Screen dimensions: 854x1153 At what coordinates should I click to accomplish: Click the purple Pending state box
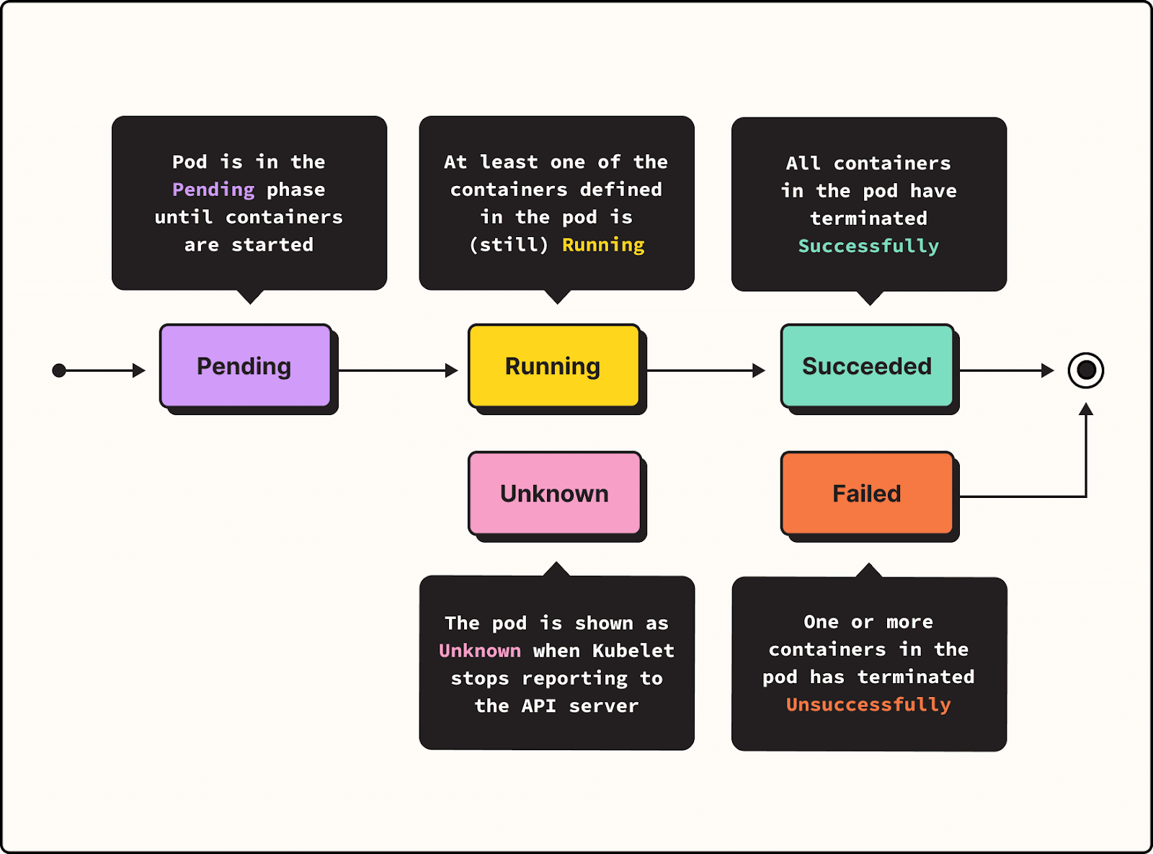245,366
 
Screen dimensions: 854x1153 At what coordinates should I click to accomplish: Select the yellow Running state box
553,366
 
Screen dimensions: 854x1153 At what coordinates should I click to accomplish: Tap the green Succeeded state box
867,366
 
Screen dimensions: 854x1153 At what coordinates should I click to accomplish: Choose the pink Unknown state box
554,494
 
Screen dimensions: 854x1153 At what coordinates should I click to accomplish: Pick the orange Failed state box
867,494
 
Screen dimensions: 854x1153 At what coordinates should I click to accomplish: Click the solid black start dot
59,370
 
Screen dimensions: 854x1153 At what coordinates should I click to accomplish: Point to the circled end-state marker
1086,370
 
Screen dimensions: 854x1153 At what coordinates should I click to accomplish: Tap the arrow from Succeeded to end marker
1006,370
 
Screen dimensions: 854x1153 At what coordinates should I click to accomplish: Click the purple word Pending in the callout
213,190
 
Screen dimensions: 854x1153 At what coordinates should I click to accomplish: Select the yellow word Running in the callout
603,245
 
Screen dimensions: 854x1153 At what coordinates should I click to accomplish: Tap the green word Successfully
868,246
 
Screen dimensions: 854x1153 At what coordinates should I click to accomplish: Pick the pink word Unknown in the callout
480,651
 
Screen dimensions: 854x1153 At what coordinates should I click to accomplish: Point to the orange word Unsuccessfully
868,705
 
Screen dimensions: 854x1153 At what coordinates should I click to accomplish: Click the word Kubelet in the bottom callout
633,651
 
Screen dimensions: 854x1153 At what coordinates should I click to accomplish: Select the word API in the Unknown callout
538,706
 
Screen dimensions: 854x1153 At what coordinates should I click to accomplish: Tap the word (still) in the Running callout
509,245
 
